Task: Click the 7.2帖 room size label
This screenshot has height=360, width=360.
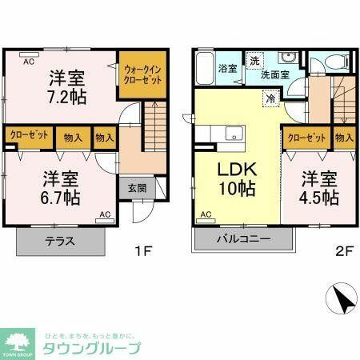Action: click(67, 96)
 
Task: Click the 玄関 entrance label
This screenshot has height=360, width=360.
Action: click(137, 189)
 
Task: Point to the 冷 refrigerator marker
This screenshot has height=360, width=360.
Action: click(271, 98)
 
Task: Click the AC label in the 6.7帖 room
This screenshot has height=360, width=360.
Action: click(105, 214)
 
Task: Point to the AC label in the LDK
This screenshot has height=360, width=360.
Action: click(206, 214)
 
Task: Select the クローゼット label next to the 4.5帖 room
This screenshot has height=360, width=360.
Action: click(305, 138)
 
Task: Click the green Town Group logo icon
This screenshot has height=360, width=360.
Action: click(17, 340)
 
